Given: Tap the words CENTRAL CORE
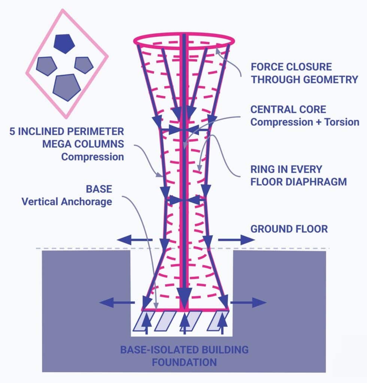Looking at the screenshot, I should coord(288,110).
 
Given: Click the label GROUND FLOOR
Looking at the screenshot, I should coord(289,228).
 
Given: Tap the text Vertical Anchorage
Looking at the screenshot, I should coord(67,202).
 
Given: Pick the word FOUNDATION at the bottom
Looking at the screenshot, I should coord(184,362).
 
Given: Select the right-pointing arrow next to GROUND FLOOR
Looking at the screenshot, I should coord(236,239).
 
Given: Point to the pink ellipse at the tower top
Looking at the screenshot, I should coord(184,39).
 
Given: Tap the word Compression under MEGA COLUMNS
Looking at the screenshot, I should coord(92,156).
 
